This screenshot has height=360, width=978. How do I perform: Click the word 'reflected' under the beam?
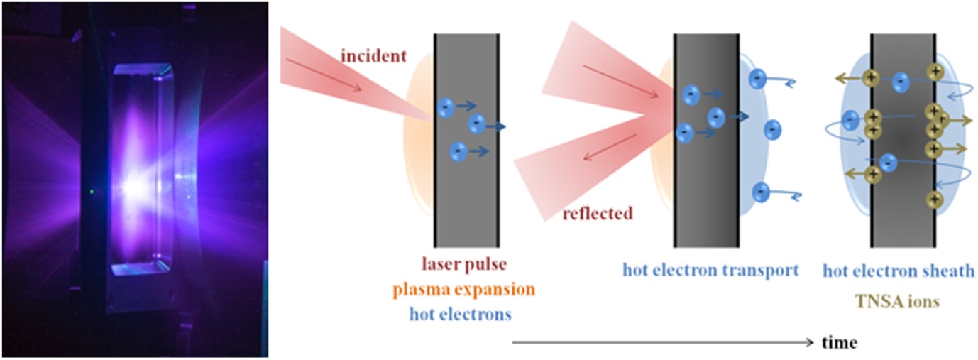pyautogui.click(x=597, y=213)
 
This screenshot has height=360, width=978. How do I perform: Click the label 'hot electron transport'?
pyautogui.click(x=710, y=270)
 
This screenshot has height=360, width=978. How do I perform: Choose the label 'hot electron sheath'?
pyautogui.click(x=898, y=271)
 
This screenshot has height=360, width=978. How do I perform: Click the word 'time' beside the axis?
pyautogui.click(x=840, y=342)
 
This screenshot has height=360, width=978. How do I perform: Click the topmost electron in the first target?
pyautogui.click(x=445, y=107)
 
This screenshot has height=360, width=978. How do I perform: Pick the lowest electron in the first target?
pyautogui.click(x=458, y=151)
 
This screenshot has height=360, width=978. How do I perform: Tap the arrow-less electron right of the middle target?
pyautogui.click(x=772, y=129)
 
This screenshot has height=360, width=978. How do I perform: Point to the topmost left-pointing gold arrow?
pyautogui.click(x=849, y=77)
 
